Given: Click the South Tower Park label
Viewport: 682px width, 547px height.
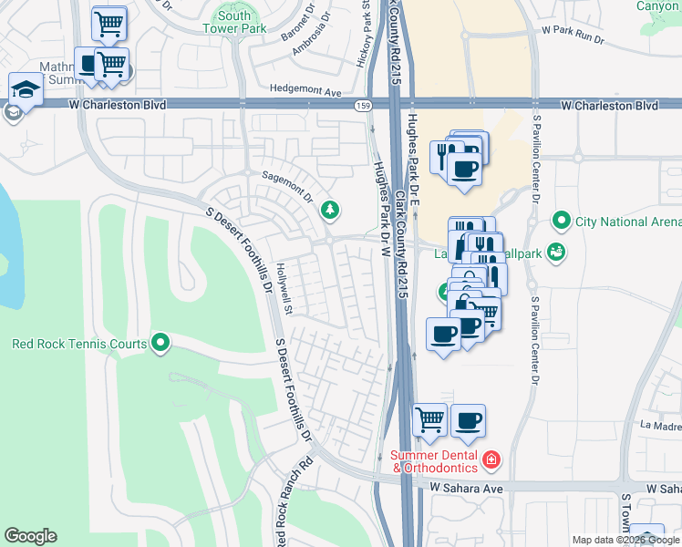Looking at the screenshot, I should click(x=234, y=22).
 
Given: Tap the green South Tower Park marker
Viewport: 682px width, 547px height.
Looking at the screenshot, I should click(x=225, y=5).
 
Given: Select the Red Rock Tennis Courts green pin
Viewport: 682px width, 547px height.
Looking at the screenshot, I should click(x=161, y=343).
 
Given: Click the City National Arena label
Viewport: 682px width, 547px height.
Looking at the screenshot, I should click(x=628, y=222).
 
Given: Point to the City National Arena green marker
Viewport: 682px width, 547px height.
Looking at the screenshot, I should click(x=562, y=222).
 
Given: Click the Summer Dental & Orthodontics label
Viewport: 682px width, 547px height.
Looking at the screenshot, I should click(x=435, y=461).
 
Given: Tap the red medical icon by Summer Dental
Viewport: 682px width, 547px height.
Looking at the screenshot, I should click(x=491, y=459).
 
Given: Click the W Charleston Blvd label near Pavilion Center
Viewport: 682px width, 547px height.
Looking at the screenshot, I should click(x=609, y=106).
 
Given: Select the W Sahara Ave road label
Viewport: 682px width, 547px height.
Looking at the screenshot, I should click(x=467, y=489).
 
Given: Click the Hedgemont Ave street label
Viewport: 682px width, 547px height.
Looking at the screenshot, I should click(x=305, y=91).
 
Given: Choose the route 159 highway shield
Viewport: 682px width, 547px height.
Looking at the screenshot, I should click(x=362, y=106).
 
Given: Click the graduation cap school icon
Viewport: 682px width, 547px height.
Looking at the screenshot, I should click(x=26, y=89).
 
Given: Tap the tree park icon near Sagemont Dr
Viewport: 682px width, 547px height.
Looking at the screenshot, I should click(x=329, y=212).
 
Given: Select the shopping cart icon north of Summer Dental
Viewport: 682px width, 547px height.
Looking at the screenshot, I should click(x=429, y=419).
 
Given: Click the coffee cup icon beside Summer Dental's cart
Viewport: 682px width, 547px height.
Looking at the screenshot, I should click(x=468, y=419).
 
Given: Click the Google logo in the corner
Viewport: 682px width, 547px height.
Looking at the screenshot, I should click(x=30, y=536).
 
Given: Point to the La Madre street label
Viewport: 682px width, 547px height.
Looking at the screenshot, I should click(x=661, y=425).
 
